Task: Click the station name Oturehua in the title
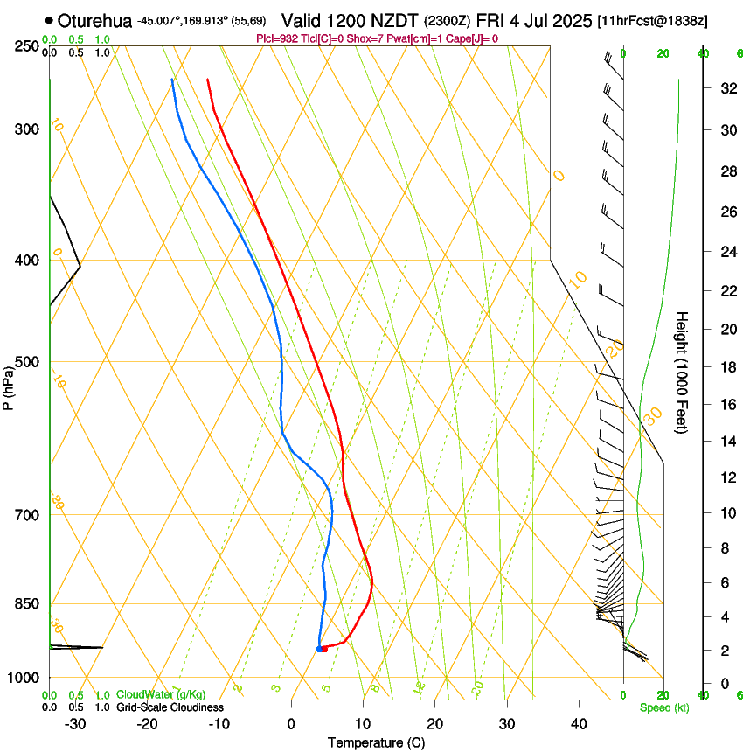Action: (x=94, y=19)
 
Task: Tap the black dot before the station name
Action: (x=49, y=19)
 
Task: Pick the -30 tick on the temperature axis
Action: (x=75, y=724)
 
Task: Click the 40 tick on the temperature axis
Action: (x=578, y=724)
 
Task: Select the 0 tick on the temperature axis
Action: (x=292, y=724)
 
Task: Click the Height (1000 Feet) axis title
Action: (x=682, y=373)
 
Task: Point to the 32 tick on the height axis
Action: (x=726, y=88)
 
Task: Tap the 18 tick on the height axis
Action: (x=726, y=367)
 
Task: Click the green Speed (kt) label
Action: (x=664, y=707)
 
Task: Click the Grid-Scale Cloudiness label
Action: (x=170, y=707)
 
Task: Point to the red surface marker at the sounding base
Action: (x=323, y=648)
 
